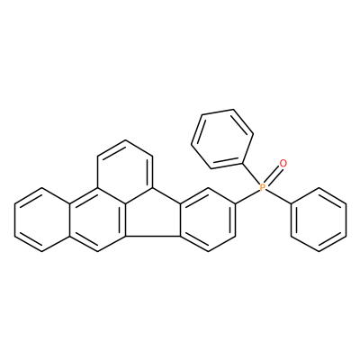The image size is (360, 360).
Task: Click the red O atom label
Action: [x=283, y=164]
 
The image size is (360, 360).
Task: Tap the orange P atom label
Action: [x=262, y=188]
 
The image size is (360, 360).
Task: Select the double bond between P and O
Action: [x=273, y=175]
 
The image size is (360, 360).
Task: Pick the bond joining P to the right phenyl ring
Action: [x=278, y=197]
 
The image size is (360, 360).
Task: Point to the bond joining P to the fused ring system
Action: [x=247, y=197]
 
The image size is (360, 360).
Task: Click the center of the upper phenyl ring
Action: [x=222, y=138]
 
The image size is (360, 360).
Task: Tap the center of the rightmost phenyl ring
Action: [x=319, y=220]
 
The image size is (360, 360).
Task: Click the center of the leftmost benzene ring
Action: [x=42, y=220]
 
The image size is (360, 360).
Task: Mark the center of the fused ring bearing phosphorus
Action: [x=208, y=220]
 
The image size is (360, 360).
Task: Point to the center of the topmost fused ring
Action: [x=125, y=172]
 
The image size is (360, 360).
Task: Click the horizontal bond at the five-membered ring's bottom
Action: [x=152, y=236]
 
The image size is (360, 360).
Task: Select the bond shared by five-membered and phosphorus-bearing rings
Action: [x=180, y=220]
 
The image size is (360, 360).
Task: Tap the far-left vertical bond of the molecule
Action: [x=14, y=220]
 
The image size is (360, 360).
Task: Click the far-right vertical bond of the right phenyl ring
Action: [x=346, y=220]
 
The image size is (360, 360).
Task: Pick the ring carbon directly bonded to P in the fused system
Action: [x=236, y=204]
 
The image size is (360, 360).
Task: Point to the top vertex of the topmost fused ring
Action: [x=125, y=139]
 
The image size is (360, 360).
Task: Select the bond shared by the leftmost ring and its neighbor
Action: [x=70, y=220]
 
